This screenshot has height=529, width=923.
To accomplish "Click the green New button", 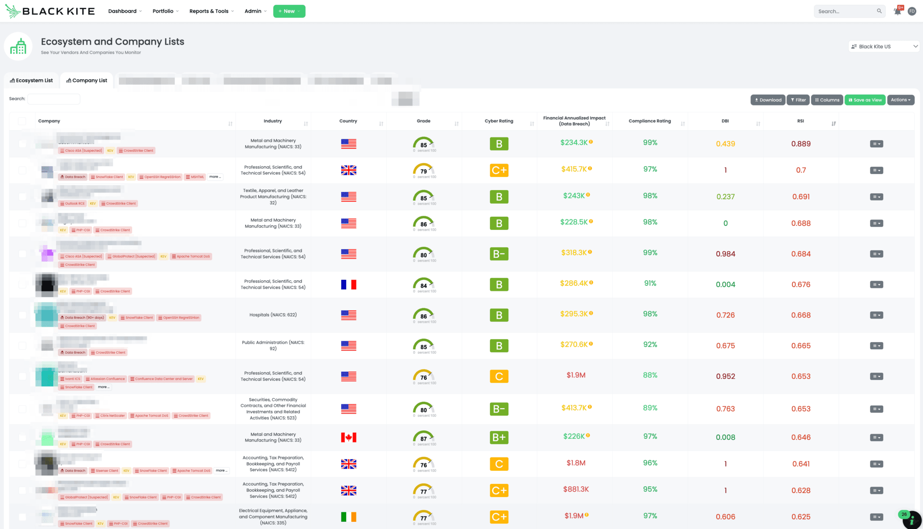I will pos(289,11).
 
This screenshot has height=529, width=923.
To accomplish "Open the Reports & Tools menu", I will pos(211,11).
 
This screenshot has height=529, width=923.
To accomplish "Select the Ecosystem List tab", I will pos(32,81).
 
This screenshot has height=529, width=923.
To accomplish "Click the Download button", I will pos(768,100).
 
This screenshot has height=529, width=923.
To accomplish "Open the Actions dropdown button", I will pos(900,100).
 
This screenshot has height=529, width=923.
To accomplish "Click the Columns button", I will pos(827,100).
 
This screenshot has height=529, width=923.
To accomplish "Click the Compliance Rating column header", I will pos(649,121).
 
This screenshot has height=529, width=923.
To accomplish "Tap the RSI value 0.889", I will pos(800,144).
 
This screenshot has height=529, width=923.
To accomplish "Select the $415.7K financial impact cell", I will pos(574,169).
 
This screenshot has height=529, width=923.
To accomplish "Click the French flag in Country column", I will pos(348,285).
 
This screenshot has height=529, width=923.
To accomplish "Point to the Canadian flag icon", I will pos(348,438).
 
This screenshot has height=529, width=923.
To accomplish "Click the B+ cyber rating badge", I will pos(499,438).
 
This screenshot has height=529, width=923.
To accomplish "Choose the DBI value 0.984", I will pos(725,254).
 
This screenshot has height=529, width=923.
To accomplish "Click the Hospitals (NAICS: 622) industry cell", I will pos(273,315).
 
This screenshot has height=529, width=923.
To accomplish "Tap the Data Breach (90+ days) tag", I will pos(82,318).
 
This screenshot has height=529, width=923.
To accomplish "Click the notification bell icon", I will pos(897,11).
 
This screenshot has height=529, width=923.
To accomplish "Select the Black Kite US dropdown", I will pos(883,46).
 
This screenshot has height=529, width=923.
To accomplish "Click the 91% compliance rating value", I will pos(650,283).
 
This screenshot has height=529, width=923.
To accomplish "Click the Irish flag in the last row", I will pos(348,517).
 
